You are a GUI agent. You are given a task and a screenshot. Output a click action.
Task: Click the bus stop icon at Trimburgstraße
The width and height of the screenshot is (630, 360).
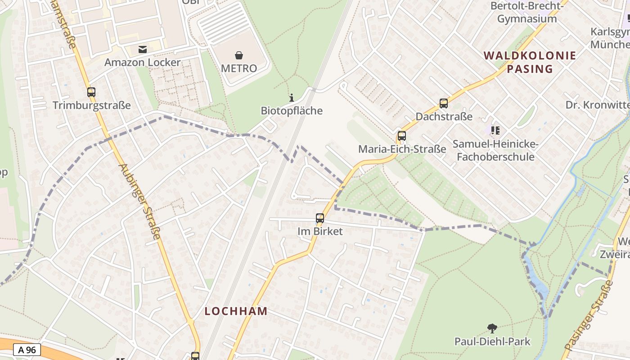91,92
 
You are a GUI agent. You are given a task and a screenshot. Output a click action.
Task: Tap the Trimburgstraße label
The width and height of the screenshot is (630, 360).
91,105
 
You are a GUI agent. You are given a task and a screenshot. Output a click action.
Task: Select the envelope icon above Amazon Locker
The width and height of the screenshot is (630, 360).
143,49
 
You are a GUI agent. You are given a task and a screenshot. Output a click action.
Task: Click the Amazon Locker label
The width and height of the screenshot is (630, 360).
142,62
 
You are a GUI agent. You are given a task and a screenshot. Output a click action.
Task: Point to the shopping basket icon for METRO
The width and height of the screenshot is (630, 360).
239,55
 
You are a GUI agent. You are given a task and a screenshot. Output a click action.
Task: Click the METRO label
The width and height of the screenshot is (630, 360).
239,68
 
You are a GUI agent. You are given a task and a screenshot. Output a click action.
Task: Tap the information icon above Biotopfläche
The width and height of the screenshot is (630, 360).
292,98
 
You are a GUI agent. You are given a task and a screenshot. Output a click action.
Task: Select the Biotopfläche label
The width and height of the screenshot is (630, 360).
292,111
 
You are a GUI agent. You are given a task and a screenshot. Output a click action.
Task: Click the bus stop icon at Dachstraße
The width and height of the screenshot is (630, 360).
444,103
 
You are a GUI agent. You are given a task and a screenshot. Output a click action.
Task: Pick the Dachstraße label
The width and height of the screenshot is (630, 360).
444,117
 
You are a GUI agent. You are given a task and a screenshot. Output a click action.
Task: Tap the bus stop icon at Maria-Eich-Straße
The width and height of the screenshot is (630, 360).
402,136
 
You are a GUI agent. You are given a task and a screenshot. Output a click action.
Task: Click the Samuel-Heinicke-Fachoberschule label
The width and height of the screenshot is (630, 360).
495,150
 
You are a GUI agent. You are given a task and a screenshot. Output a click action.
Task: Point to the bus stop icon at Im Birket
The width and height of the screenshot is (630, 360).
320,219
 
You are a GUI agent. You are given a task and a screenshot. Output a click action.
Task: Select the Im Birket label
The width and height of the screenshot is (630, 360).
320,231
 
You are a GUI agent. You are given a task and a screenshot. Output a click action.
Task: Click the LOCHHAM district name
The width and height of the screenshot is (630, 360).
236,311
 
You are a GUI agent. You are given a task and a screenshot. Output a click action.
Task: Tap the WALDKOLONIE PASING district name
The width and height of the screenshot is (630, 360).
530,62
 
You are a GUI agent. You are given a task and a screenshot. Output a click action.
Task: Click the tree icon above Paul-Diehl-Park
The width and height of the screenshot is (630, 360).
492,328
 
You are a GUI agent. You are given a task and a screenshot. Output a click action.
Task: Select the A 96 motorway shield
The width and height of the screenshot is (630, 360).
27,350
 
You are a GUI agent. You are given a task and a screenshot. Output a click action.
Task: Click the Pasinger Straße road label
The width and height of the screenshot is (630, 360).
588,316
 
